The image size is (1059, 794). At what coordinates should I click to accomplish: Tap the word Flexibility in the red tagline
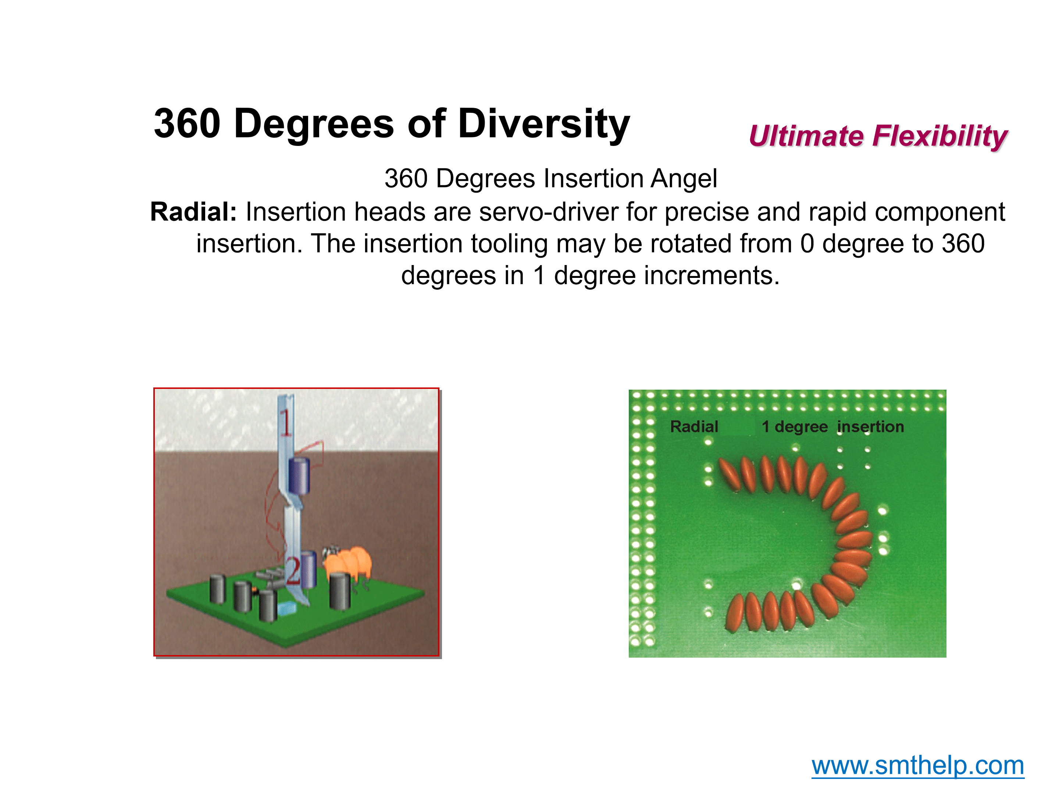(x=940, y=136)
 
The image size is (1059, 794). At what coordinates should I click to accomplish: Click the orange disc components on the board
(x=348, y=564)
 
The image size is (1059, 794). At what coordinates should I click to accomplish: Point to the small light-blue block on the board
(x=287, y=609)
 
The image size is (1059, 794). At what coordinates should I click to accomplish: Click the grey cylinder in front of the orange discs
(x=340, y=591)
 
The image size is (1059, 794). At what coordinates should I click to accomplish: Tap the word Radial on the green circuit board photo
(x=694, y=426)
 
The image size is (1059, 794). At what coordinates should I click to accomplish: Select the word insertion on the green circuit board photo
(x=870, y=426)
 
